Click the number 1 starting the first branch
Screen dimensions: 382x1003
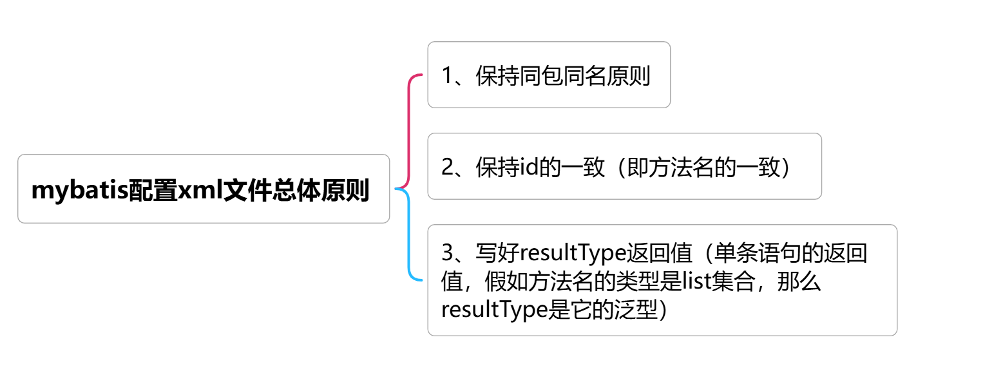pos(448,76)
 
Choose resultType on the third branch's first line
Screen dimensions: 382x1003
pos(573,253)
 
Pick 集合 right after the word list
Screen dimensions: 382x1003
pos(731,282)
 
